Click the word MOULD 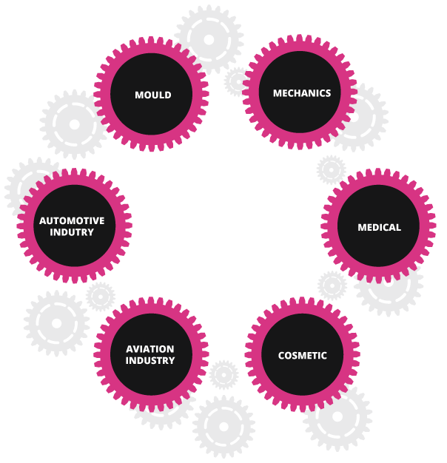pyautogui.click(x=152, y=95)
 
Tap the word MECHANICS pyautogui.click(x=301, y=93)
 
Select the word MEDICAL pyautogui.click(x=379, y=227)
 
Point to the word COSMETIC pyautogui.click(x=302, y=356)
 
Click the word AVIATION pyautogui.click(x=150, y=349)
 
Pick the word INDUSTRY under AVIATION pyautogui.click(x=150, y=361)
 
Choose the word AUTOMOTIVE pyautogui.click(x=72, y=220)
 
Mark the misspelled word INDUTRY pyautogui.click(x=72, y=232)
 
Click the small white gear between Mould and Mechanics pyautogui.click(x=237, y=81)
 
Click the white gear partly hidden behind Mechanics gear pyautogui.click(x=364, y=117)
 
